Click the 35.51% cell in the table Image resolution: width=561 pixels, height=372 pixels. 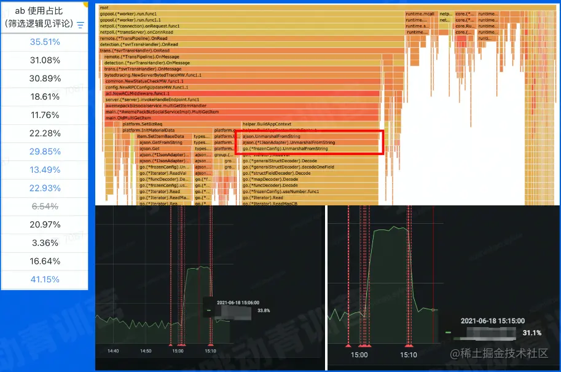(45, 42)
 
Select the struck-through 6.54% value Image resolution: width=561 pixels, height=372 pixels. (45, 206)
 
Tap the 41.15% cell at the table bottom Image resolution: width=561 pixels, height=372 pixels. (45, 279)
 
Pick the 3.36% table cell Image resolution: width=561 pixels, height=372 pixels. (45, 243)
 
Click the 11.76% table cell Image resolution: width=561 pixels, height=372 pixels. (45, 115)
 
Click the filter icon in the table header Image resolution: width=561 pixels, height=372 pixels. (80, 25)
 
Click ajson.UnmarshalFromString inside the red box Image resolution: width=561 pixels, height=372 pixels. (272, 137)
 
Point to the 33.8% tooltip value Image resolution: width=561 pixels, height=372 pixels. (264, 311)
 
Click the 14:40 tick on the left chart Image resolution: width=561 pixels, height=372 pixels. (112, 351)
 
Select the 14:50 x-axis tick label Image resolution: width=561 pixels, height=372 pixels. (146, 351)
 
